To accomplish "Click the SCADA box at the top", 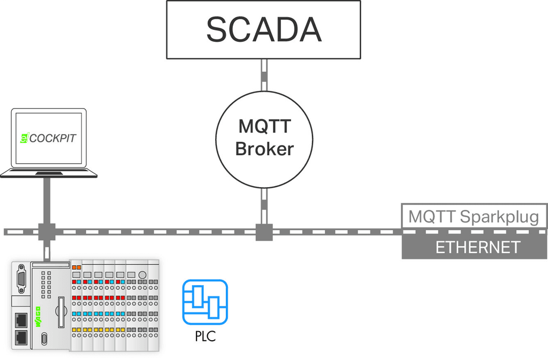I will pos(263,29).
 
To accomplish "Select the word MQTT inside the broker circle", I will pos(264,127).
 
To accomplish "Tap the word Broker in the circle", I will pos(264,149).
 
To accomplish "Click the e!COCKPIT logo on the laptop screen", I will pos(48,138).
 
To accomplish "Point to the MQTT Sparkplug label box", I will pos(474,217).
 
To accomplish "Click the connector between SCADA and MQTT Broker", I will pos(264,75).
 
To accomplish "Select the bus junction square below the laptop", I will pos(47,232).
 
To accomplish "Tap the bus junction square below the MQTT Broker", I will pos(264,232).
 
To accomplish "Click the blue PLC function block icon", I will pos(205,302).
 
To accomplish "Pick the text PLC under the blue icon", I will pos(205,338).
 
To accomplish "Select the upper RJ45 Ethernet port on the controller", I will pos(21,319).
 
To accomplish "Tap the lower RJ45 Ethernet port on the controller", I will pos(21,336).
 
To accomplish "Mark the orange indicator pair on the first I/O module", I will pos(76,267).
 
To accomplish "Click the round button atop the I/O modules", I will pos(142,275).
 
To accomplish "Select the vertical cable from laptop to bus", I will pos(47,201).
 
